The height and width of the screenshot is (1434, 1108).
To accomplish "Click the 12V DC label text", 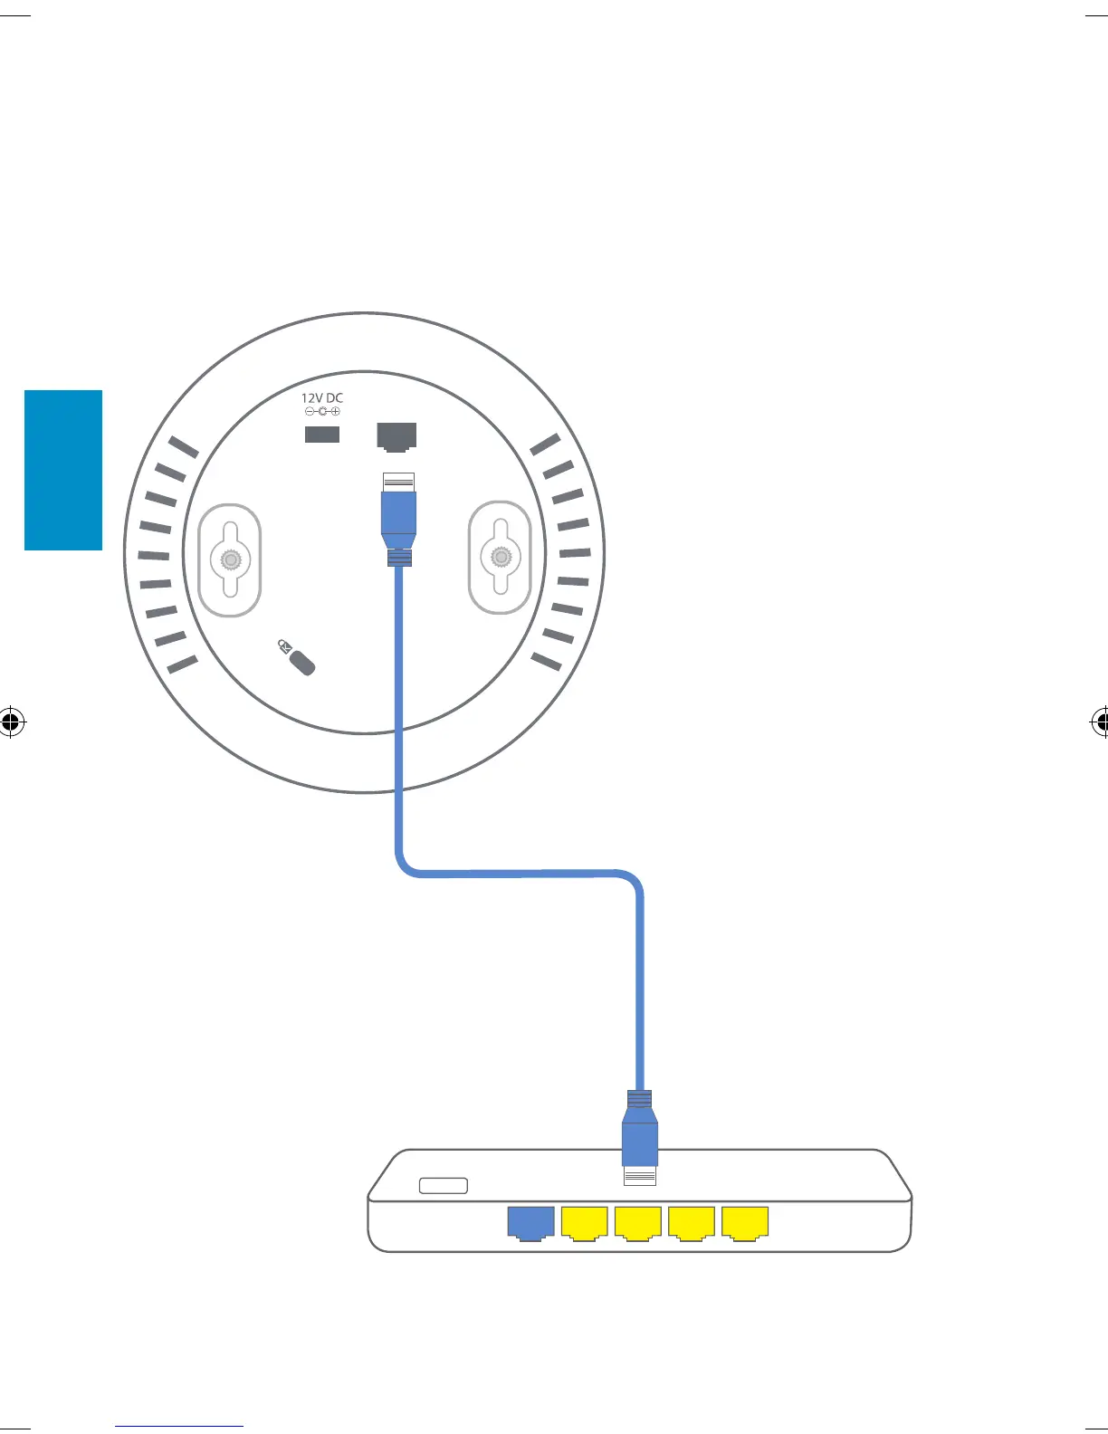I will (322, 397).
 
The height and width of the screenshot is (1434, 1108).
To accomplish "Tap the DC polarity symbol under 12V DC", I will (322, 412).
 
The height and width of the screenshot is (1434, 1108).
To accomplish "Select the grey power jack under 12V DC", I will (322, 435).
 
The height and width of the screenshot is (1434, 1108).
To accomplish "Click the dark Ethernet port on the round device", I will (396, 436).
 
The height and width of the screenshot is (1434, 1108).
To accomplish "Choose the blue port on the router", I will (530, 1222).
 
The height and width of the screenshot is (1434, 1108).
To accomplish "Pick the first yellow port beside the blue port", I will (584, 1222).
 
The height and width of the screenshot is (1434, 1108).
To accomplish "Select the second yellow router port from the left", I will (637, 1222).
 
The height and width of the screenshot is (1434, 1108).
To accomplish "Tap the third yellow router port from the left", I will (691, 1222).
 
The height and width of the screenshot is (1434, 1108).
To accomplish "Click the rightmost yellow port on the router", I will (745, 1222).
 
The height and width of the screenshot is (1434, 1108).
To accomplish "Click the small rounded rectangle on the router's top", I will (444, 1185).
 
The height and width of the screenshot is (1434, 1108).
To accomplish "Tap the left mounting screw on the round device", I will (231, 560).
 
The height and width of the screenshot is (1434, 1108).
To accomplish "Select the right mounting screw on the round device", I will (499, 556).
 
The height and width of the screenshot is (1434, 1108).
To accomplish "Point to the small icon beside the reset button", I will (285, 646).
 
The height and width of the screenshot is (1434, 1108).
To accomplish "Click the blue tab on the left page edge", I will (63, 470).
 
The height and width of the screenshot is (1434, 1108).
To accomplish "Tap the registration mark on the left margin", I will (11, 722).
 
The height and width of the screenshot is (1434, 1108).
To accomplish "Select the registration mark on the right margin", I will (1099, 722).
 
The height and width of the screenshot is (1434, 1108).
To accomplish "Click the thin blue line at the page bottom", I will (180, 1426).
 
